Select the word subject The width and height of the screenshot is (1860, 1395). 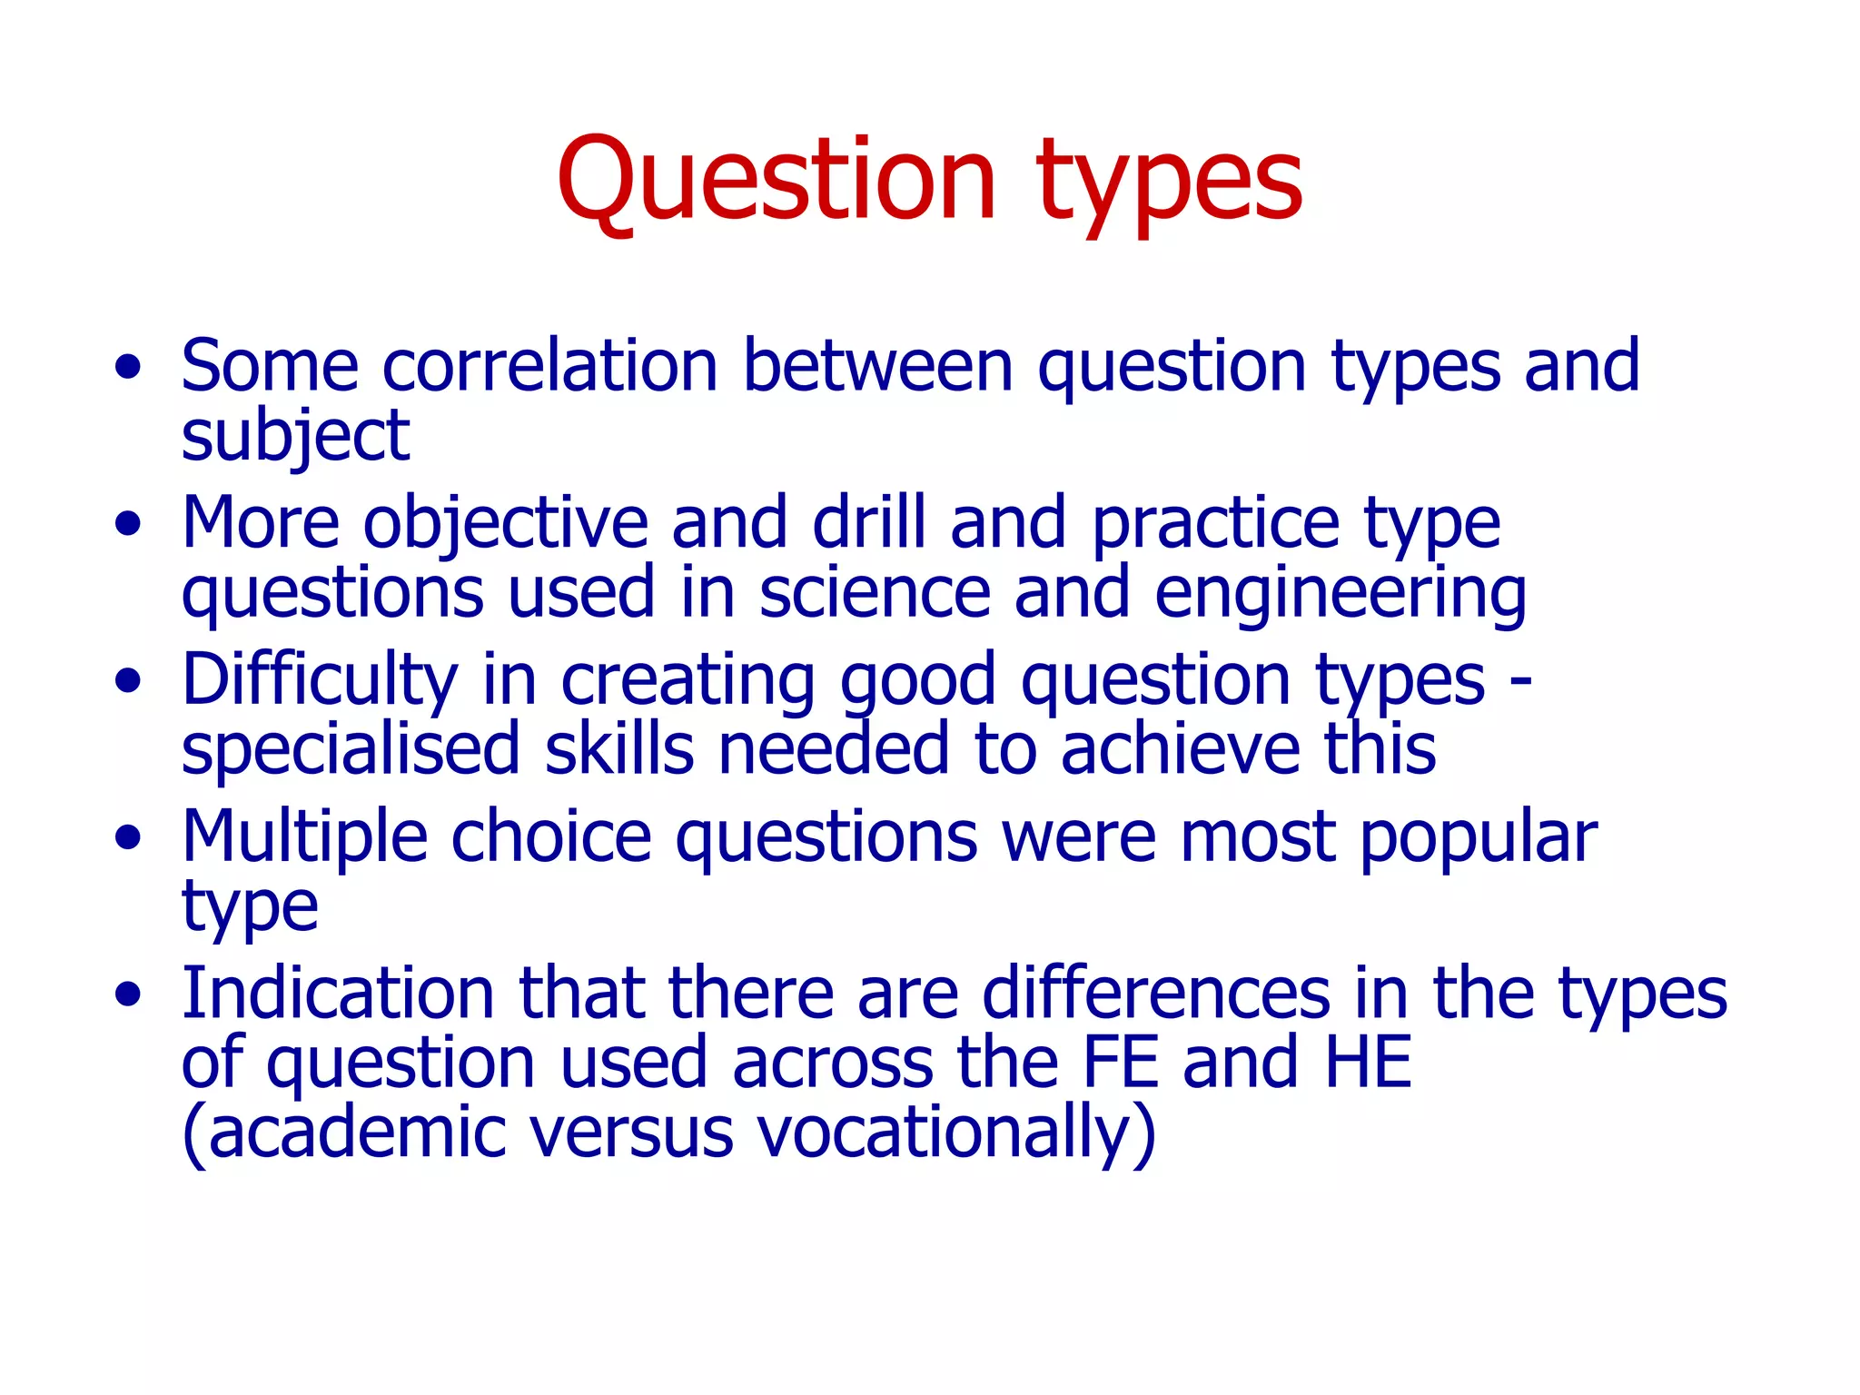(x=295, y=437)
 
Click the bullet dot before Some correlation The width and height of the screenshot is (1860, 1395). (x=129, y=367)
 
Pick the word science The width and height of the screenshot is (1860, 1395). (x=874, y=593)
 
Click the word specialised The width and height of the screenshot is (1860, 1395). (x=351, y=750)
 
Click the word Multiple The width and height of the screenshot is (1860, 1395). (x=304, y=837)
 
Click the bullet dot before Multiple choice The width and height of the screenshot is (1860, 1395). (x=129, y=837)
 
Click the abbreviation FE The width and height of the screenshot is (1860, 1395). (x=1121, y=1063)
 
